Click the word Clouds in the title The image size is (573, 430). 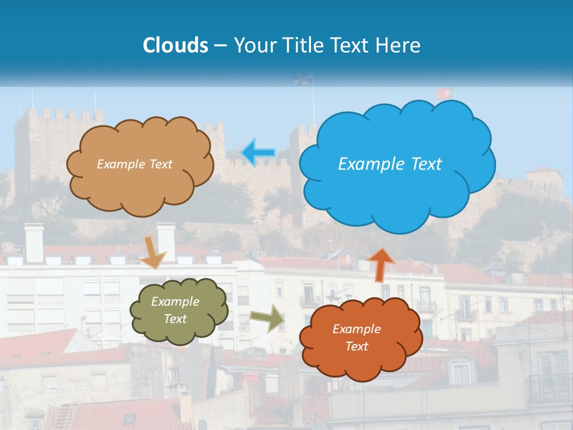coord(175,45)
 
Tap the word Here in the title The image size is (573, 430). coord(399,45)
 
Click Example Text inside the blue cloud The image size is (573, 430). coord(390,164)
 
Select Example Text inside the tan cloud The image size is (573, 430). coord(134,164)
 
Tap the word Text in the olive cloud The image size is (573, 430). coord(175,320)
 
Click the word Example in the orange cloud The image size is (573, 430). coord(356,329)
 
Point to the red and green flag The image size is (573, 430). coord(445,94)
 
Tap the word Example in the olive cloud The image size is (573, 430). coord(175,302)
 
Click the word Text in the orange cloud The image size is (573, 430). coord(356,346)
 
